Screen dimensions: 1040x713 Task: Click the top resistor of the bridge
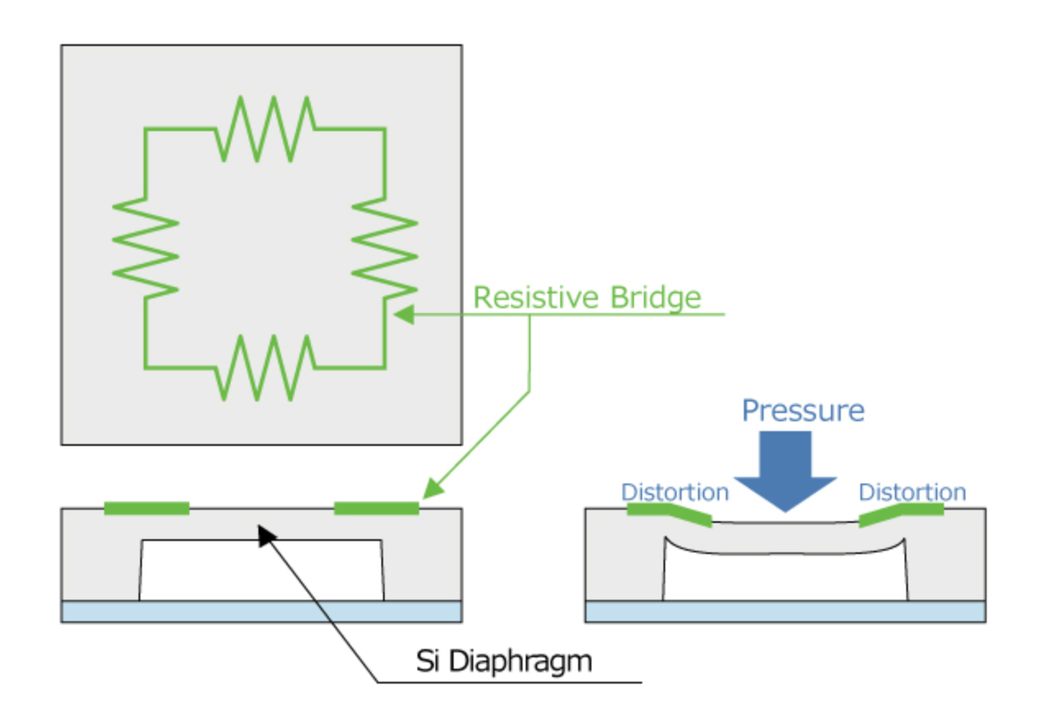[x=265, y=129]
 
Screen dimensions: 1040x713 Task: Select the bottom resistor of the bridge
[x=265, y=367]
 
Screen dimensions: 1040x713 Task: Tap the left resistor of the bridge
[x=145, y=248]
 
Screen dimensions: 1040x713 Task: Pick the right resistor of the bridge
[x=385, y=248]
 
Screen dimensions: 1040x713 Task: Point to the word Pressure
[x=803, y=411]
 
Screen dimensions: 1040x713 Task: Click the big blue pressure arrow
[x=786, y=471]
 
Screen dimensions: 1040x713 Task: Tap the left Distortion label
[x=675, y=493]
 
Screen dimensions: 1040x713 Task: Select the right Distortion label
[x=913, y=493]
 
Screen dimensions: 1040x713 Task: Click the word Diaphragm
[x=521, y=662]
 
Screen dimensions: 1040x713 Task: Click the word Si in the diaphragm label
[x=427, y=661]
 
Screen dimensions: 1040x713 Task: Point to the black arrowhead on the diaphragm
[x=267, y=535]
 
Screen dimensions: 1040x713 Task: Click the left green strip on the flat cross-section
[x=147, y=508]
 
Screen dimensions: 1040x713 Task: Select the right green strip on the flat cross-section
[x=376, y=508]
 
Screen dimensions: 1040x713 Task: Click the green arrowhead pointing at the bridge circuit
[x=404, y=315]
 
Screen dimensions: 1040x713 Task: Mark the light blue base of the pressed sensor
[x=786, y=612]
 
